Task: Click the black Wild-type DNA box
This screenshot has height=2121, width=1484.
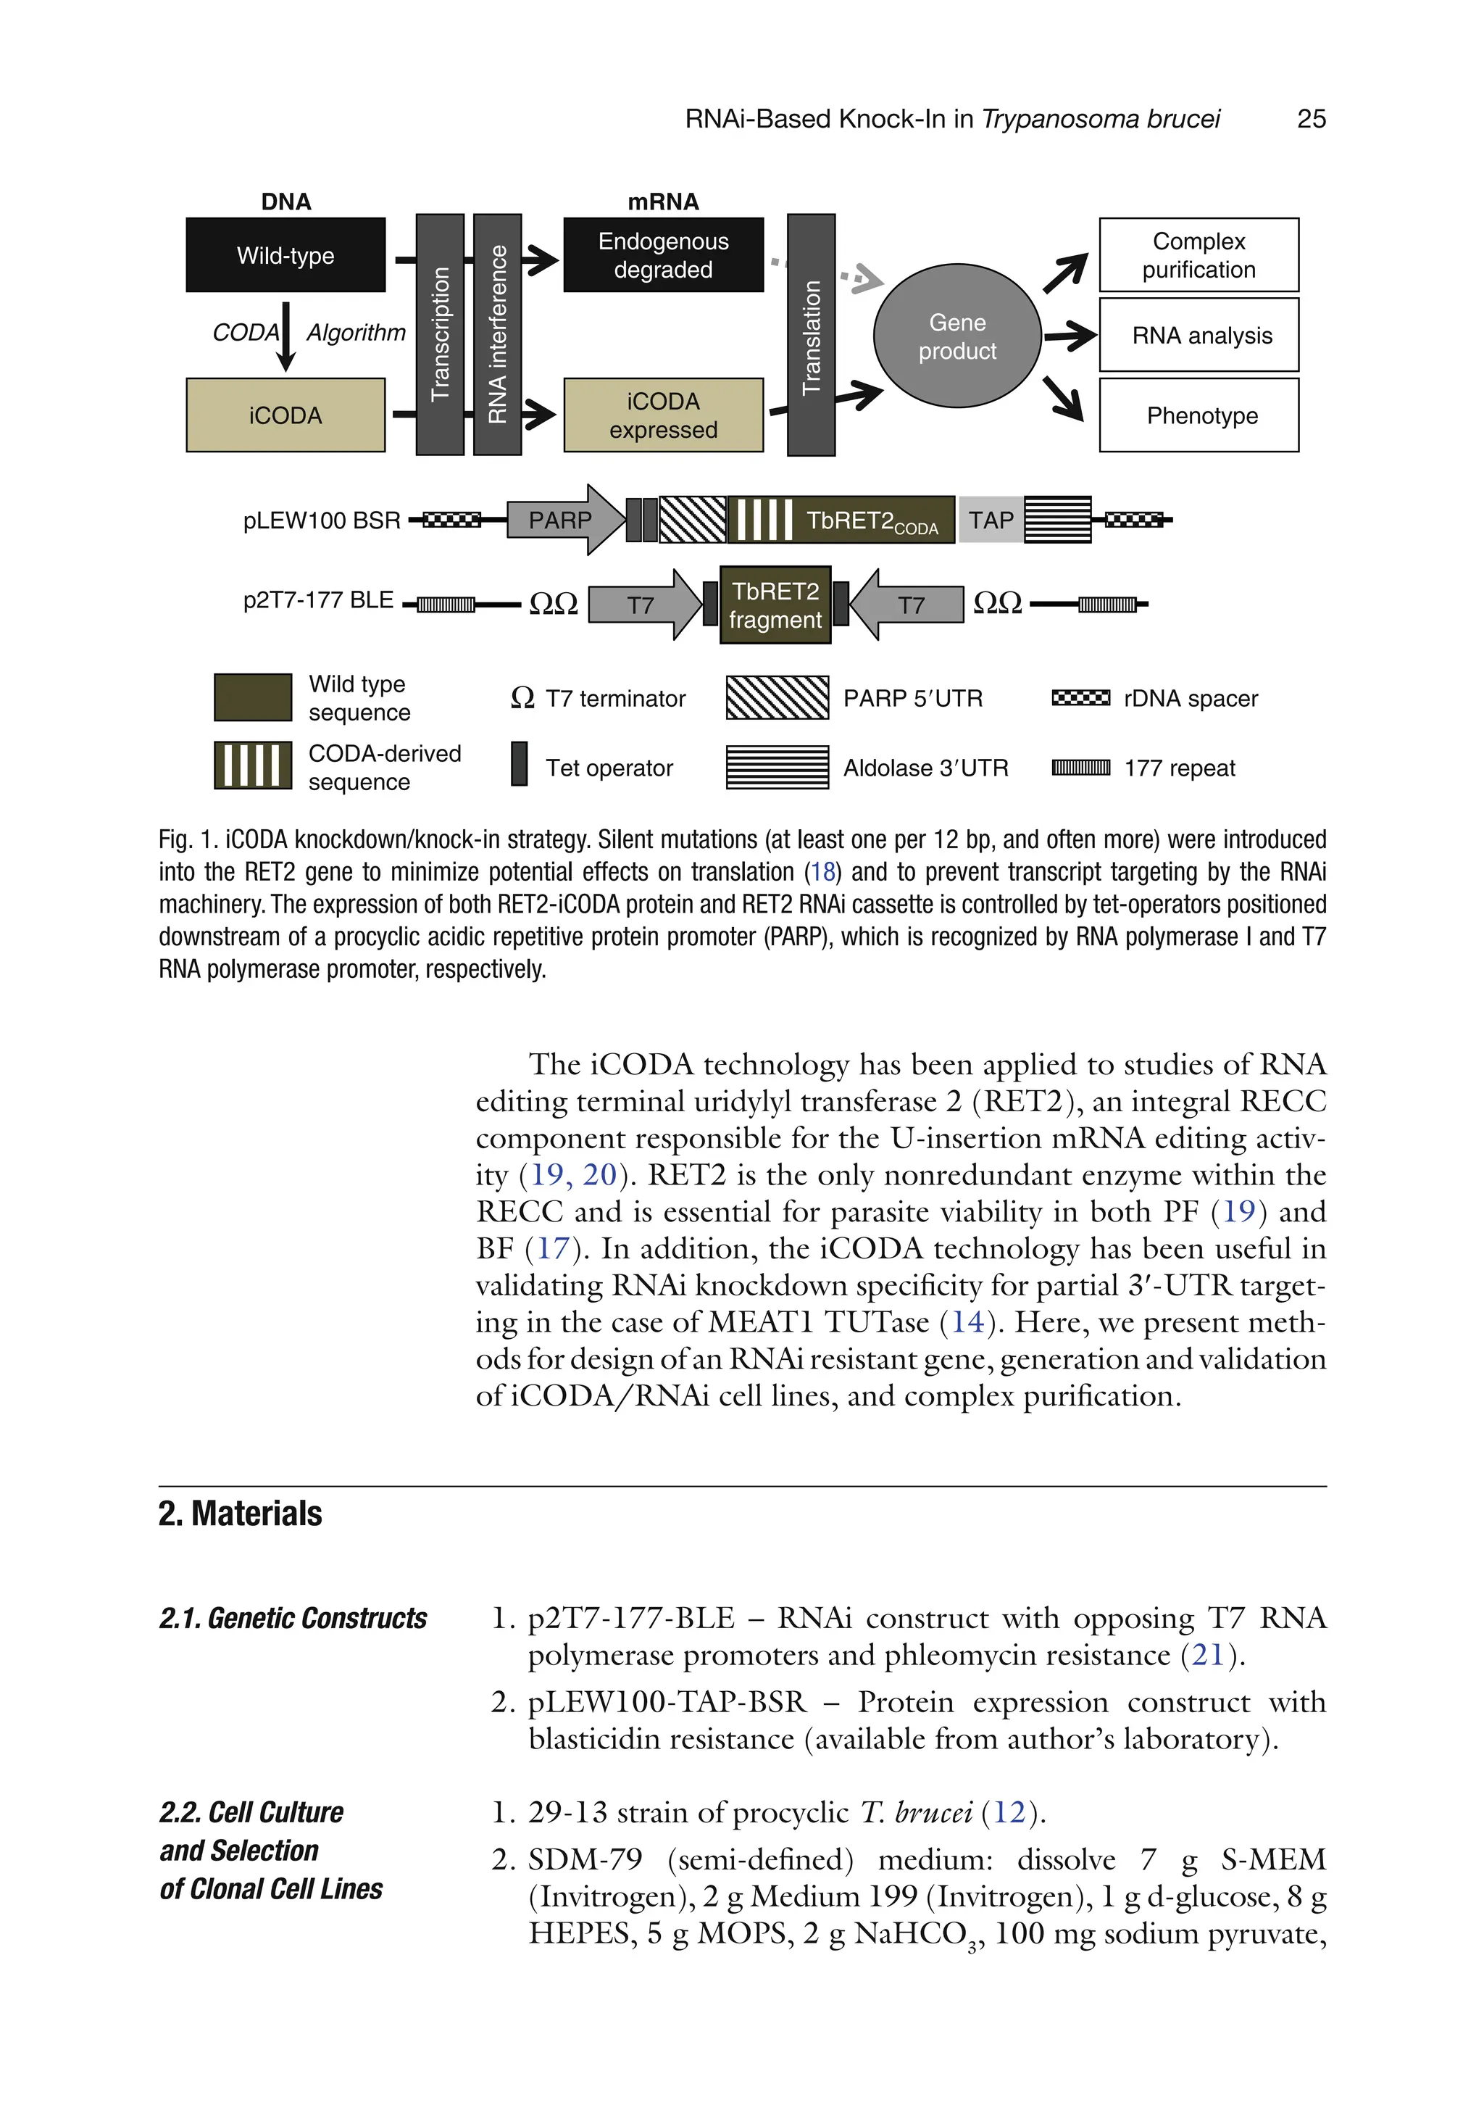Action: click(285, 255)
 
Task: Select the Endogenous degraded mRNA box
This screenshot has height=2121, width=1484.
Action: click(663, 255)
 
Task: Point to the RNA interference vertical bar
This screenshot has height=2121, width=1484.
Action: click(497, 334)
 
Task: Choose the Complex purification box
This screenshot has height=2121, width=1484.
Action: click(1198, 255)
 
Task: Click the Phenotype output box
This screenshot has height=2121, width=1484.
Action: click(1198, 415)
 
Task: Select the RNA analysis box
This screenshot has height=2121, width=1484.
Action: click(1198, 336)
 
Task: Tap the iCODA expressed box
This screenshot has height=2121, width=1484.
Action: click(663, 415)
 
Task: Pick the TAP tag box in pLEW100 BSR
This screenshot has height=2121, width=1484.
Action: click(990, 520)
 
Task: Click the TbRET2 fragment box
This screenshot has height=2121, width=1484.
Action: click(775, 605)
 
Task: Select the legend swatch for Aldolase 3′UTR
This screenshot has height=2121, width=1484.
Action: click(777, 767)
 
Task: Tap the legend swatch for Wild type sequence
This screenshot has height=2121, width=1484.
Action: click(253, 697)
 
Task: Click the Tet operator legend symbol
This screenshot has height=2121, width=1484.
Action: click(519, 764)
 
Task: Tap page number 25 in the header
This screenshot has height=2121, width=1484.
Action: click(1310, 119)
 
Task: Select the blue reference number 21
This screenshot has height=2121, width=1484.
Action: click(1207, 1654)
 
